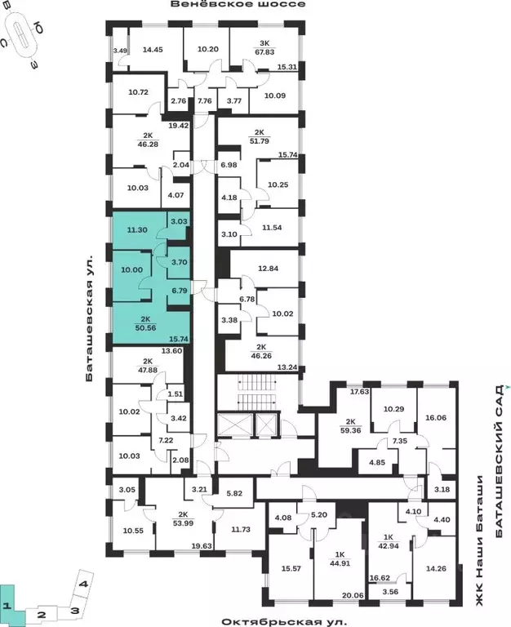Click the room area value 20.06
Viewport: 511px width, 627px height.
352,595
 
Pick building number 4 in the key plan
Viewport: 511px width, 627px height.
83,584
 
